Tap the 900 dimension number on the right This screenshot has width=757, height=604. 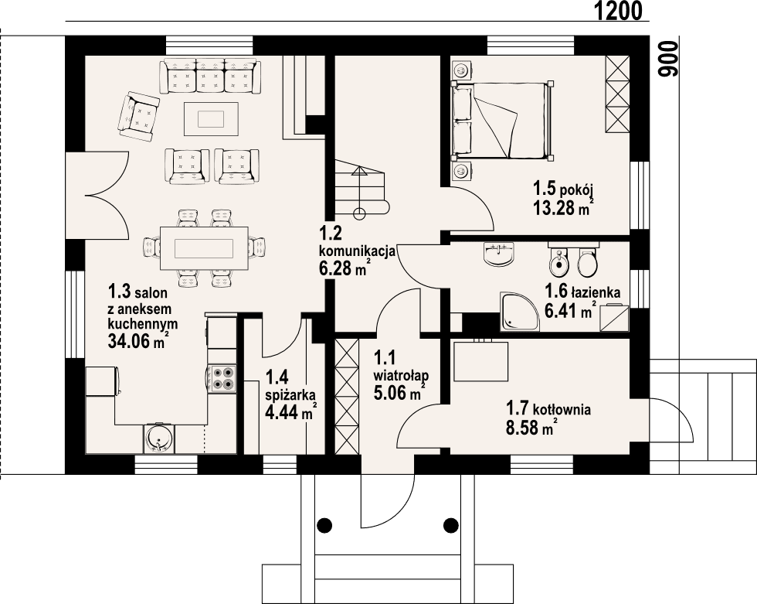pos(669,59)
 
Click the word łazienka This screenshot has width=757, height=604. pos(597,292)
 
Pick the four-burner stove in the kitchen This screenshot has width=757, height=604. pos(223,377)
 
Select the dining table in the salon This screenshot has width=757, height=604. pos(204,247)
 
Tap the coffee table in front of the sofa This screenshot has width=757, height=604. pos(210,118)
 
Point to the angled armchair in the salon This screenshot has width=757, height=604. pos(137,114)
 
